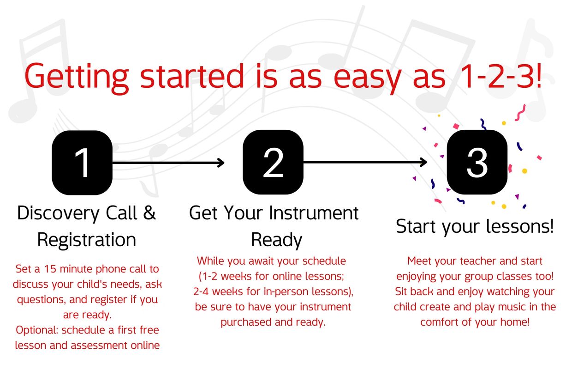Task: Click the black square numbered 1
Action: click(x=82, y=163)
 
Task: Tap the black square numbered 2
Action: click(x=273, y=163)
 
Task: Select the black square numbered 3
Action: click(x=477, y=163)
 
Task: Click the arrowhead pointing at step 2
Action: click(x=220, y=163)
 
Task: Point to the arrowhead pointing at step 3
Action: click(x=423, y=162)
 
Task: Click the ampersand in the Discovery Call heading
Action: click(x=149, y=213)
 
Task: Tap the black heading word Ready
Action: click(x=277, y=241)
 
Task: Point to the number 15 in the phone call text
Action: click(x=50, y=269)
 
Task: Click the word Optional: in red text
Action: click(x=37, y=331)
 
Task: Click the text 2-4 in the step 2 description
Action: click(x=201, y=292)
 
